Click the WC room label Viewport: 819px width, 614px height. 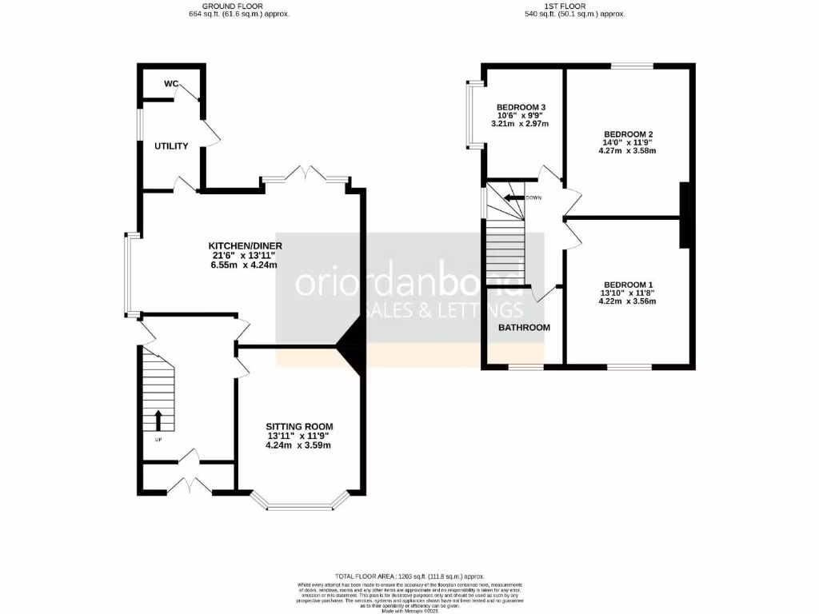(x=171, y=84)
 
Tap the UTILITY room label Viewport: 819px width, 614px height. (x=172, y=146)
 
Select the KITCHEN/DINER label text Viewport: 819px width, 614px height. (x=245, y=245)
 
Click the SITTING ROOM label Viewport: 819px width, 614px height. (x=299, y=426)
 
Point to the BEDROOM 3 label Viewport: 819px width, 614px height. (x=521, y=107)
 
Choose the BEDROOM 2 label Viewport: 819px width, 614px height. (x=629, y=134)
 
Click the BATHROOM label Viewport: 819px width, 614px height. (x=524, y=328)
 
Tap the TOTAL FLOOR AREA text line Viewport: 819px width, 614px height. (x=409, y=576)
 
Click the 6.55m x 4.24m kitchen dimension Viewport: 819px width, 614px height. (x=243, y=265)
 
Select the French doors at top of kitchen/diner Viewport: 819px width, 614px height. (x=307, y=176)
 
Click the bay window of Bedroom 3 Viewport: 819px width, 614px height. (x=475, y=114)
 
